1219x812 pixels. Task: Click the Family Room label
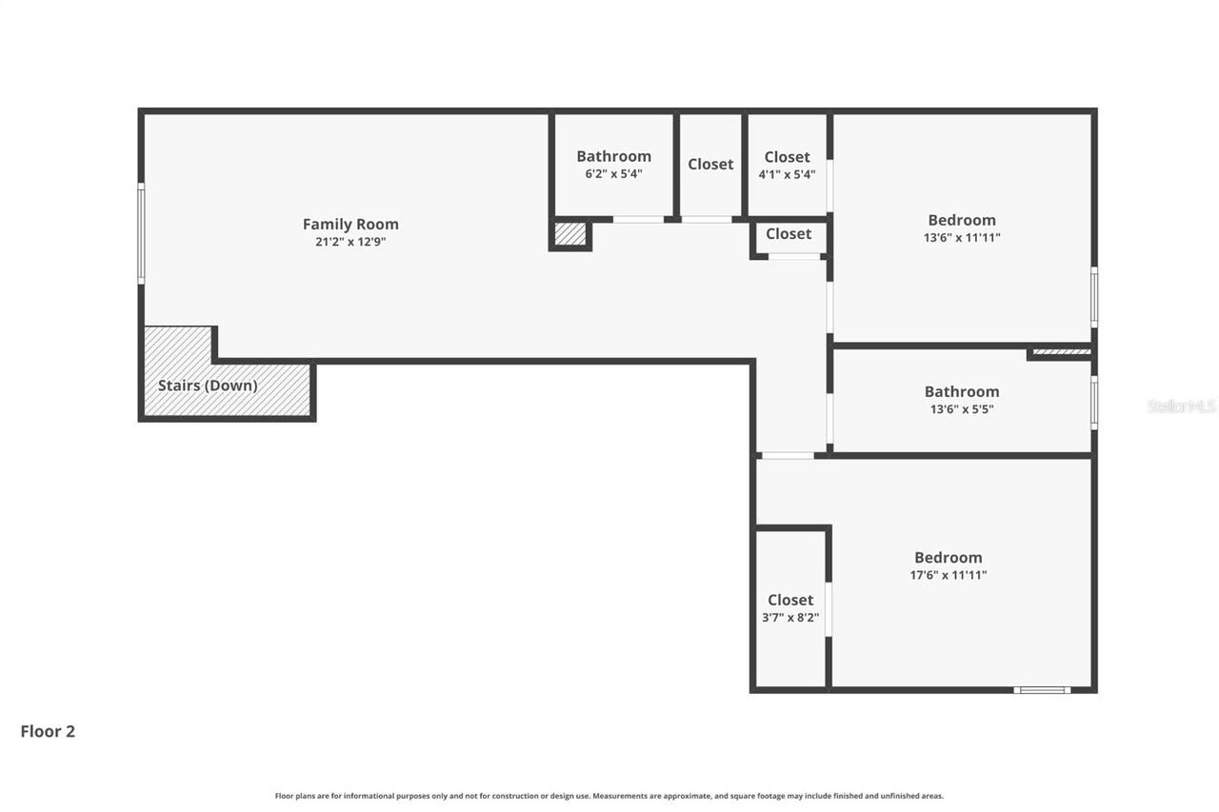click(350, 224)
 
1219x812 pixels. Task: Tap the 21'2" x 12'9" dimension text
click(350, 242)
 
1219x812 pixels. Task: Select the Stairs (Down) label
click(208, 386)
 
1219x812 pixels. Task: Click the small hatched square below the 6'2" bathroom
click(570, 233)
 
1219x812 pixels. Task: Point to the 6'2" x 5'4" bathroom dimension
click(614, 174)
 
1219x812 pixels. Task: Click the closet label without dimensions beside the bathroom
click(710, 164)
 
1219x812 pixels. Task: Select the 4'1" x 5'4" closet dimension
click(787, 174)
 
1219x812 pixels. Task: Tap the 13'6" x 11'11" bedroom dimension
click(962, 238)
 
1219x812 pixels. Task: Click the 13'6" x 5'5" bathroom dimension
click(962, 409)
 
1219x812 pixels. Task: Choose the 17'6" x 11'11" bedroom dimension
click(949, 575)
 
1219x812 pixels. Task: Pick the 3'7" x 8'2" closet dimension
click(790, 618)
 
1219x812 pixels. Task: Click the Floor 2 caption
click(48, 731)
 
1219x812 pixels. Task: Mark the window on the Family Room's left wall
click(141, 234)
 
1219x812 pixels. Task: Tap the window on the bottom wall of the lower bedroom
click(1042, 689)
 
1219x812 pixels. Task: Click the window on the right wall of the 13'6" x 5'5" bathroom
click(1094, 403)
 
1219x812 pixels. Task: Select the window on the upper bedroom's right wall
click(1094, 297)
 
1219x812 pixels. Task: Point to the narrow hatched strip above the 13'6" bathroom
click(1061, 352)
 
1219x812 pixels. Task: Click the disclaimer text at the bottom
click(609, 796)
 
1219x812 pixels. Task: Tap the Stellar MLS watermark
click(1181, 406)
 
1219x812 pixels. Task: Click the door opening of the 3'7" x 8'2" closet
click(829, 609)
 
